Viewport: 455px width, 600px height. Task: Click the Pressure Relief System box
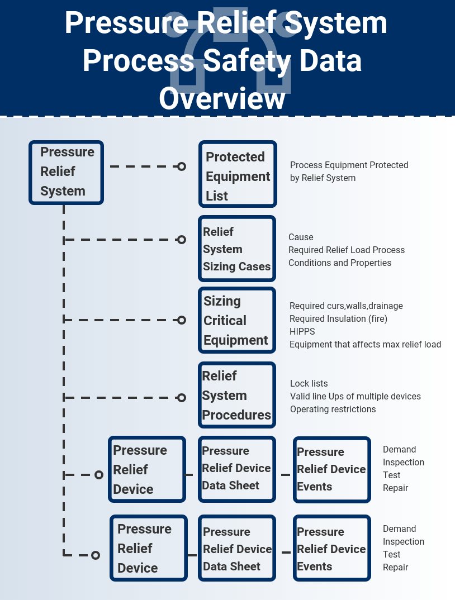[x=66, y=172]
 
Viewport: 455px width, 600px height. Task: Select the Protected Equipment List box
[x=238, y=174]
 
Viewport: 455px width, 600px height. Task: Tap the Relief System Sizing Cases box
[x=237, y=249]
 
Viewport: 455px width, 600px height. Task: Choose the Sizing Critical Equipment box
[x=237, y=320]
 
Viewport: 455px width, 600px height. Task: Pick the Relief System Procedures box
[x=237, y=395]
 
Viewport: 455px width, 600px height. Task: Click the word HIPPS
[x=302, y=331]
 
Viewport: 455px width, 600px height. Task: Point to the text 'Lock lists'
[x=309, y=383]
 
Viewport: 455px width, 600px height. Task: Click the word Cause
[x=301, y=237]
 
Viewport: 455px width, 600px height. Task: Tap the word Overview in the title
[x=222, y=99]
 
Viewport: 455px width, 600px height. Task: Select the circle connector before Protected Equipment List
[x=181, y=166]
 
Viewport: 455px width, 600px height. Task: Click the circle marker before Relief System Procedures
[x=181, y=398]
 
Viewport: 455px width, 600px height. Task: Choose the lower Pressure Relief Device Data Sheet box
[x=237, y=549]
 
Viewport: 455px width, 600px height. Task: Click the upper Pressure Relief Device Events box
[x=331, y=469]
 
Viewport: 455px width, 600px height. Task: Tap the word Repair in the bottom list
[x=395, y=567]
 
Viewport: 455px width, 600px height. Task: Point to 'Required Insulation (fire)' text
[x=338, y=318]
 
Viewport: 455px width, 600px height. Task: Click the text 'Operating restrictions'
[x=333, y=409]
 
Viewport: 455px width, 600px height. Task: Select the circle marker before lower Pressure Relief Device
[x=96, y=555]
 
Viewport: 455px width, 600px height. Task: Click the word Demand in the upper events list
[x=399, y=449]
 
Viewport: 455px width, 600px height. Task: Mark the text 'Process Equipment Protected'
[x=349, y=165]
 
